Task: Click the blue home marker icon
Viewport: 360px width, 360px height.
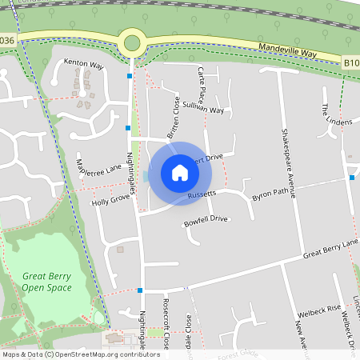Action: [x=180, y=173]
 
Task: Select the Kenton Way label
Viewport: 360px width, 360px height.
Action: [x=85, y=63]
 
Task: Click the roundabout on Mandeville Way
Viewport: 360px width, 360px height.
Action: [x=131, y=42]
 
